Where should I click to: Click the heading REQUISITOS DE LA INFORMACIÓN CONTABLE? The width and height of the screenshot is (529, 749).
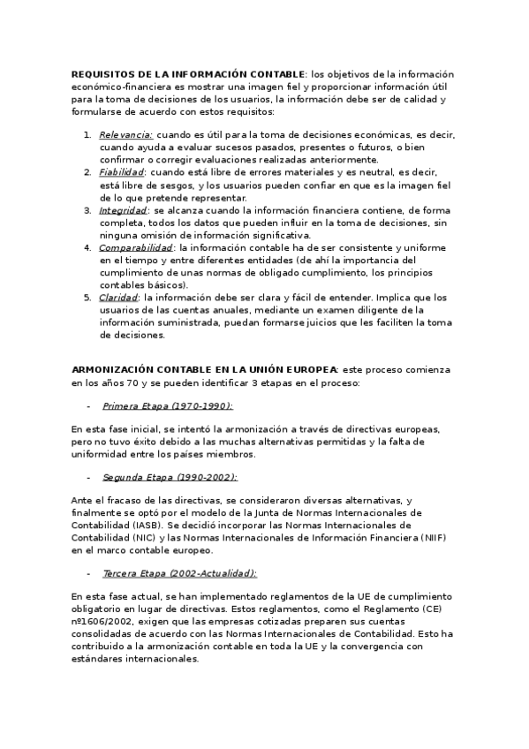[187, 74]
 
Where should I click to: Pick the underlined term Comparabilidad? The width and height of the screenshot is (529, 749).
[135, 248]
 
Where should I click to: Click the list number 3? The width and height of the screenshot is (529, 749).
[87, 210]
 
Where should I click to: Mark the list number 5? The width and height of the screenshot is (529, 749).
[87, 298]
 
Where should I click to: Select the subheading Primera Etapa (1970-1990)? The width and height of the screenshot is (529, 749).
[167, 405]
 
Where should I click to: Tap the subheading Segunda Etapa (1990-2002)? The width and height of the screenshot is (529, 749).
[170, 477]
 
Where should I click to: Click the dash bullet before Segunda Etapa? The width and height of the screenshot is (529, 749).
[88, 477]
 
